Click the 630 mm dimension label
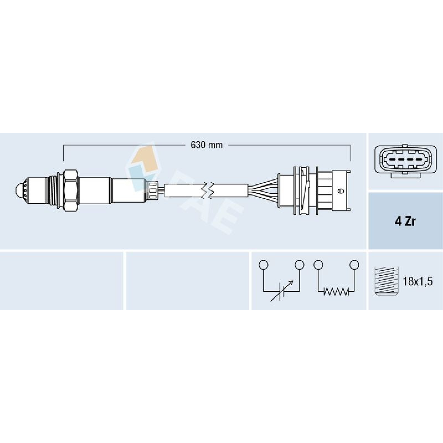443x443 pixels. coord(207,145)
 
